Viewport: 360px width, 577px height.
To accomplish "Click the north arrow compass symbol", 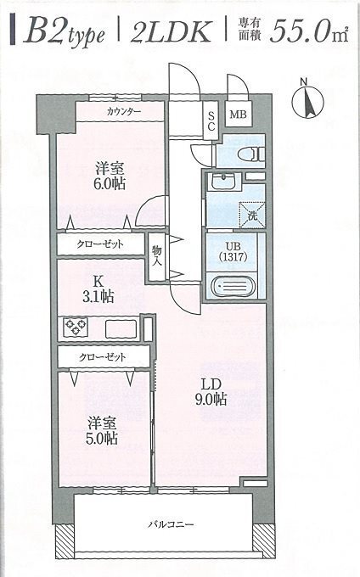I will point(307,100).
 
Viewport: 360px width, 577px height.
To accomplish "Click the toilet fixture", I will point(249,154).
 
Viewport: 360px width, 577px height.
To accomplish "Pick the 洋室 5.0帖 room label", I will point(100,431).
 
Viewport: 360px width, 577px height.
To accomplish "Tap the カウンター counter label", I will point(124,112).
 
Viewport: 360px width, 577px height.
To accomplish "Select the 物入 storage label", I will point(157,255).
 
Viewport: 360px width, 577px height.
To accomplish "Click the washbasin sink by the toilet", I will point(224,182).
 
